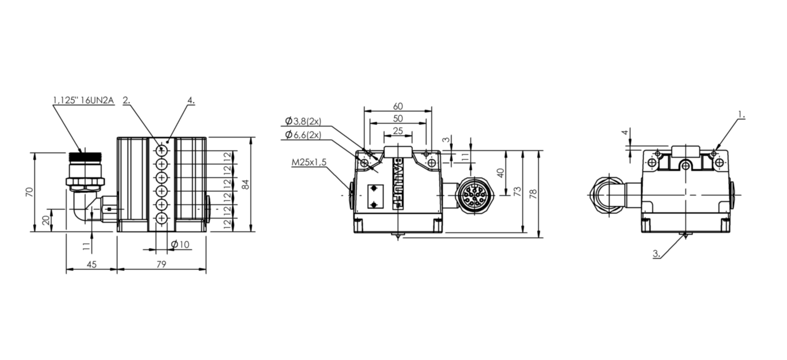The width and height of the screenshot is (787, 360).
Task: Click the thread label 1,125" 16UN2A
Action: (x=84, y=100)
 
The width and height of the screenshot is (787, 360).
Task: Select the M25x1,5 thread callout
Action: (x=309, y=162)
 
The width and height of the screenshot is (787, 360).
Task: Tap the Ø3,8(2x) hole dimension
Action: (x=303, y=122)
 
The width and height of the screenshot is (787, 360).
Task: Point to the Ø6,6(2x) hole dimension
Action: (x=303, y=135)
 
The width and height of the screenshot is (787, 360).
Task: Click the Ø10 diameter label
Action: (x=180, y=244)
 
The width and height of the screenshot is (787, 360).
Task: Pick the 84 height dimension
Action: (x=246, y=184)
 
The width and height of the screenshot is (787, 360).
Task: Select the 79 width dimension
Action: (x=161, y=264)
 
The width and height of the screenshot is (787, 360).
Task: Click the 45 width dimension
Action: (x=92, y=264)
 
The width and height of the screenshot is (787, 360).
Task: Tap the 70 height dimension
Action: (x=30, y=192)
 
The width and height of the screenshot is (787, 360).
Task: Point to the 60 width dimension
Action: (x=397, y=106)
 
